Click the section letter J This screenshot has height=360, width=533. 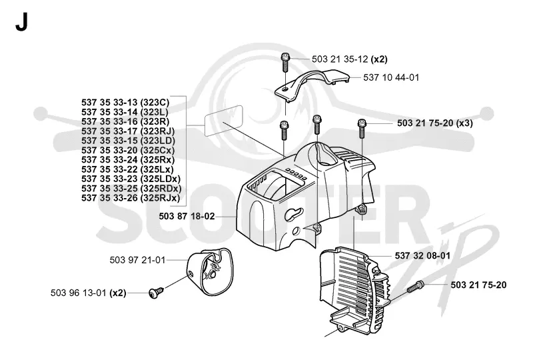[x=21, y=23]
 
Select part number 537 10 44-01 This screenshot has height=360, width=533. [x=391, y=77]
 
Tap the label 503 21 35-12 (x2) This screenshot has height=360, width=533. [x=349, y=59]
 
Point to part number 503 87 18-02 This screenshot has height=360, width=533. [x=187, y=216]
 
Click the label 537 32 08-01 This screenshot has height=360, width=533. [x=422, y=255]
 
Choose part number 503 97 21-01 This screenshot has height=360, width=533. [x=137, y=260]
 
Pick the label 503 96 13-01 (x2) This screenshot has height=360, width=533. [x=89, y=293]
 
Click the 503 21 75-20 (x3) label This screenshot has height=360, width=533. [x=435, y=123]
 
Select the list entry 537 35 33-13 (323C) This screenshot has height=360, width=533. [x=125, y=103]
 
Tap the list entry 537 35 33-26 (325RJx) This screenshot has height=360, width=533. [x=131, y=198]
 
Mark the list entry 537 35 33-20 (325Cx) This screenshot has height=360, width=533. [x=128, y=150]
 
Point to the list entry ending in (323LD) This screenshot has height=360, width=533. [x=128, y=141]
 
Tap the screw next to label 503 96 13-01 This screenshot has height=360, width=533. [x=156, y=292]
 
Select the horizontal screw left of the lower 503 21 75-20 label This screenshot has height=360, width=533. [x=415, y=286]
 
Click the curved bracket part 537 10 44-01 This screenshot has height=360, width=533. [x=312, y=85]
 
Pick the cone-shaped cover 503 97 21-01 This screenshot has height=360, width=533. [x=210, y=271]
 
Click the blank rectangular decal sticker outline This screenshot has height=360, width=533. [x=224, y=121]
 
